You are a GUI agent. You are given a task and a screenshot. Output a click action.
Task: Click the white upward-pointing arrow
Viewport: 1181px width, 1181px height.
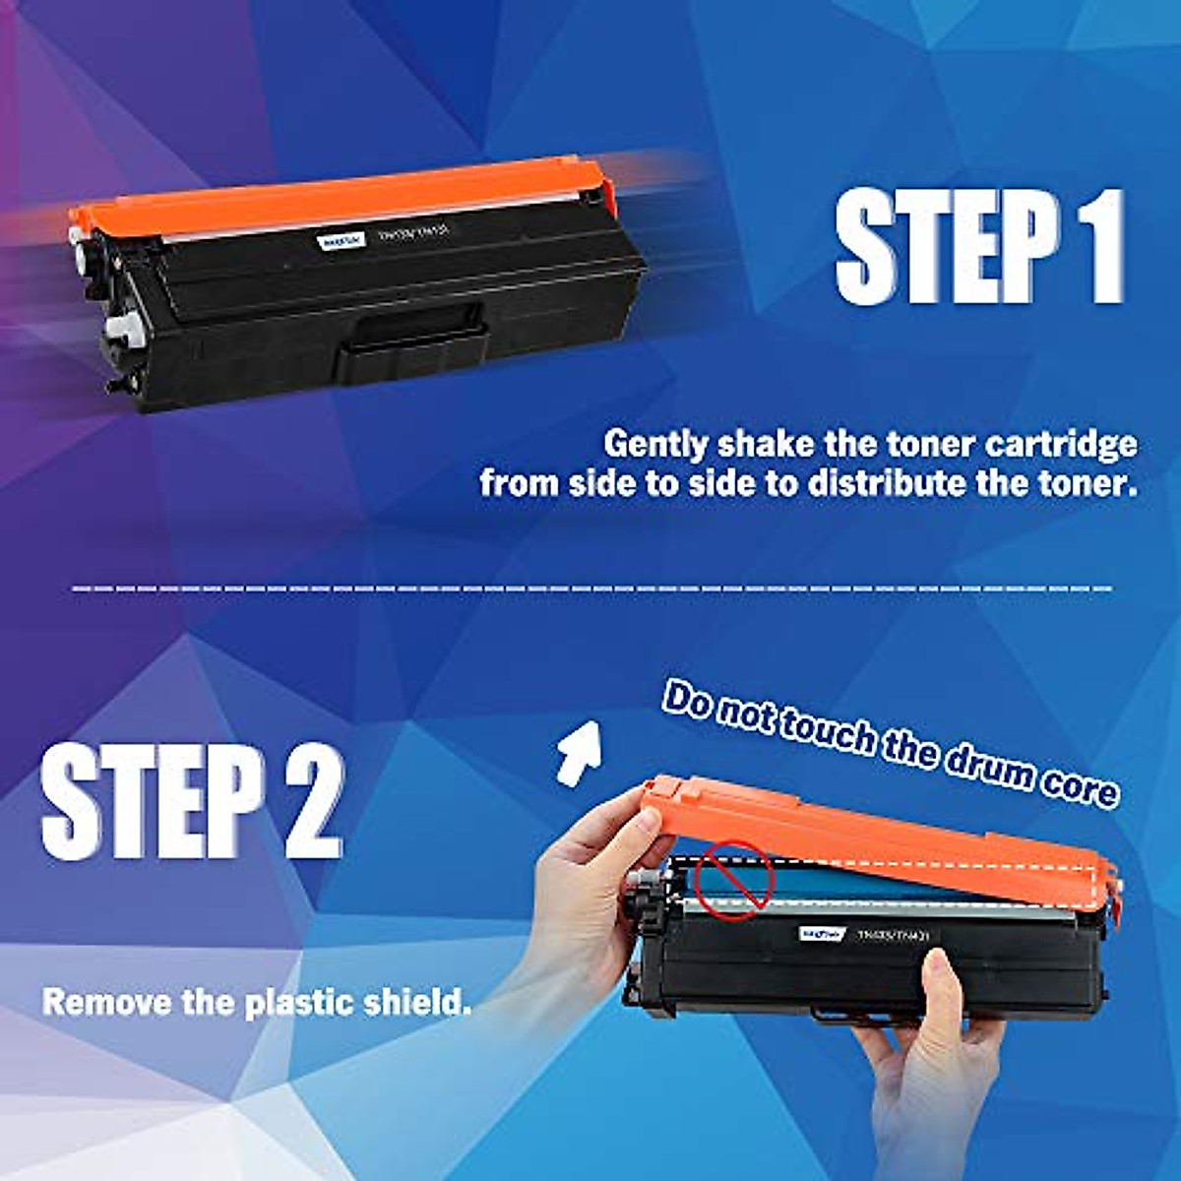(579, 750)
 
